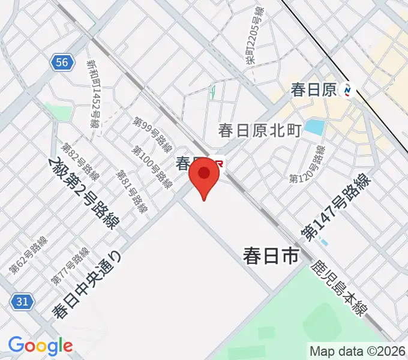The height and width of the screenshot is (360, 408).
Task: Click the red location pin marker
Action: pyautogui.click(x=204, y=175)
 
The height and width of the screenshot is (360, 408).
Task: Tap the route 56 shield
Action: pyautogui.click(x=62, y=62)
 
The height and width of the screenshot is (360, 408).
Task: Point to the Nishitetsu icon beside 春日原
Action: pyautogui.click(x=347, y=90)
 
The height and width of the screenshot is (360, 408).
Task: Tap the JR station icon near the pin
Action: pyautogui.click(x=218, y=163)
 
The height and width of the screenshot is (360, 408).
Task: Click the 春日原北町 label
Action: pyautogui.click(x=259, y=130)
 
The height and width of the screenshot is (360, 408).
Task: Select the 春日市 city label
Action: pyautogui.click(x=271, y=256)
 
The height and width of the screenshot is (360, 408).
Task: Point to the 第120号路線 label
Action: pyautogui.click(x=307, y=164)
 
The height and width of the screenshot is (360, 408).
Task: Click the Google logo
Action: pyautogui.click(x=40, y=346)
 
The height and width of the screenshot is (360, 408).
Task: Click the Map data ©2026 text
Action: pyautogui.click(x=357, y=351)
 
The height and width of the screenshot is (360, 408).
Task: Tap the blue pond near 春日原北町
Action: pyautogui.click(x=314, y=127)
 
